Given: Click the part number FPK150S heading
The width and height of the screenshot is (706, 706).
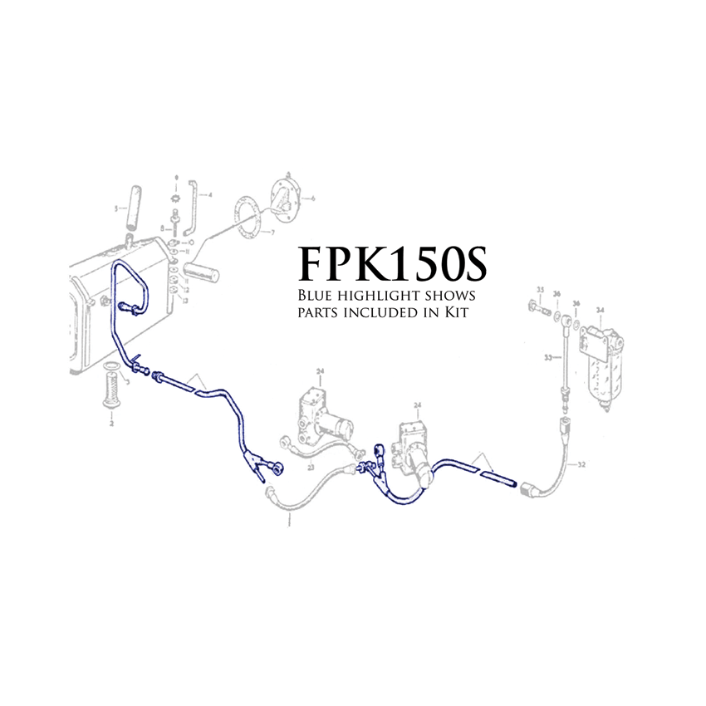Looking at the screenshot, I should (393, 263).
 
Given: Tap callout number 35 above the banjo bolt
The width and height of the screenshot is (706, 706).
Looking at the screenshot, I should (540, 290).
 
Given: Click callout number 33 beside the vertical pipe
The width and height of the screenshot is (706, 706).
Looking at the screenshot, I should (547, 358).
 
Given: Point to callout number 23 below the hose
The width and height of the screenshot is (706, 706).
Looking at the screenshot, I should (310, 468).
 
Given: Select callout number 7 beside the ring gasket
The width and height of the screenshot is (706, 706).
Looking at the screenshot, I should (271, 233).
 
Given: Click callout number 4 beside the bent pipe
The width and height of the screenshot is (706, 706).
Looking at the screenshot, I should (210, 196).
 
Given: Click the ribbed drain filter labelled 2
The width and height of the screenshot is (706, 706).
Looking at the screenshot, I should (111, 391).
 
